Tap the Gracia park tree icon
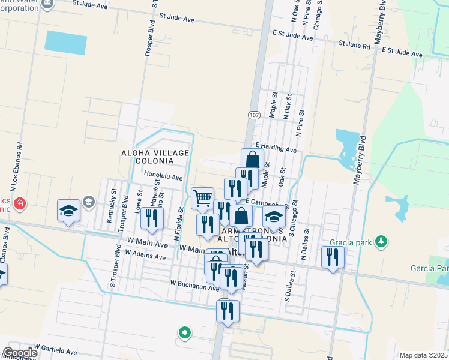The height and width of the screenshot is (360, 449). [x=380, y=241]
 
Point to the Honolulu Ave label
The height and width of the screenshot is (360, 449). [x=163, y=177]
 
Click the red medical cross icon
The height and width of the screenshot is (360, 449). [x=20, y=204]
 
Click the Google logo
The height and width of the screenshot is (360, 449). [x=19, y=353]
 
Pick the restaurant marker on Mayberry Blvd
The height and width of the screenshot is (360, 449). [x=333, y=257]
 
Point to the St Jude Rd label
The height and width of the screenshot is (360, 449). [x=354, y=44]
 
